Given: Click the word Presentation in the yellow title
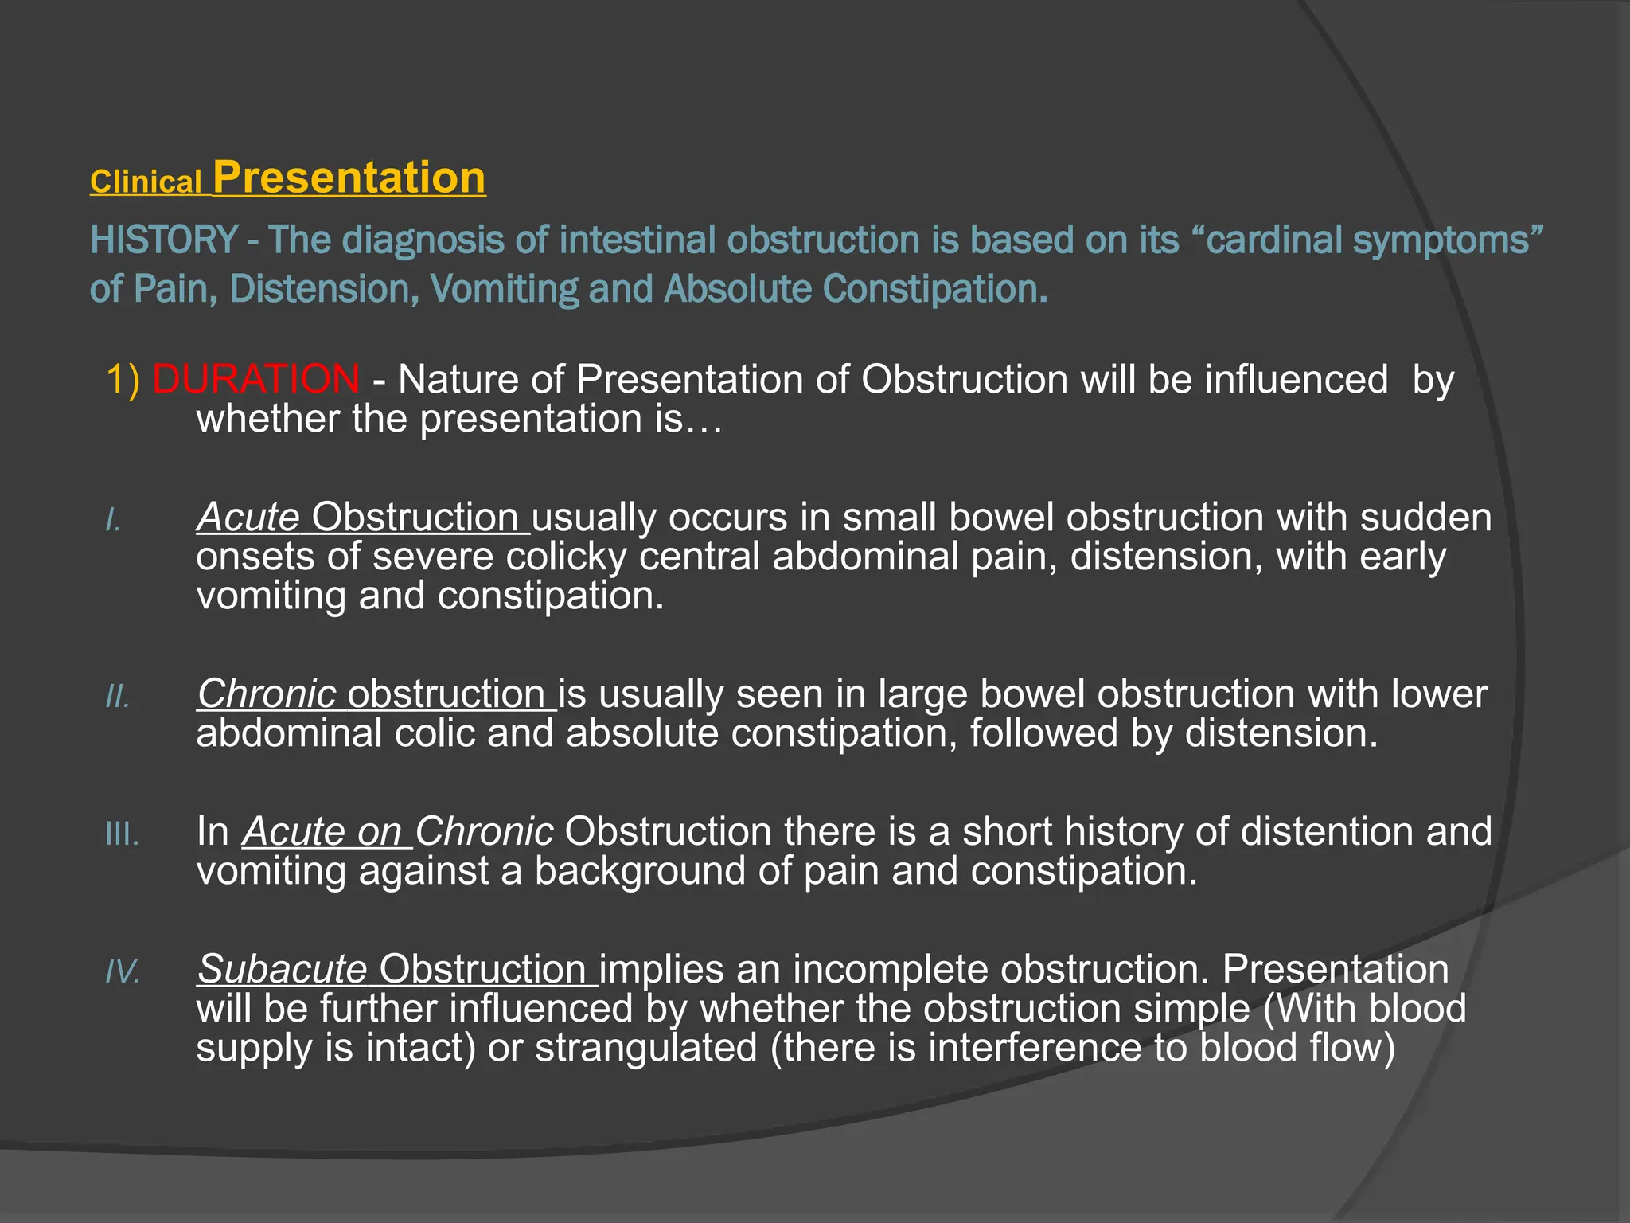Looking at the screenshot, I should click(349, 177).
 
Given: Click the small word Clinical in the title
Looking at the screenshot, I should click(146, 182).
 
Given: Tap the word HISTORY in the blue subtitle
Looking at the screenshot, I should click(164, 240).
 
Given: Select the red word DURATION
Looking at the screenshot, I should click(255, 378).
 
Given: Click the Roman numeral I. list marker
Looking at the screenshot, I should click(114, 521).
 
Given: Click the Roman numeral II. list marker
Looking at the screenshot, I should click(118, 697).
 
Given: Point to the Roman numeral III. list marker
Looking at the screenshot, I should click(122, 834).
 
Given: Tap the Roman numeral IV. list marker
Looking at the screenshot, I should click(123, 972).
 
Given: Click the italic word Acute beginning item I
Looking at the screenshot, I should click(248, 517).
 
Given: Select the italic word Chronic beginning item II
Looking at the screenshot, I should click(267, 694).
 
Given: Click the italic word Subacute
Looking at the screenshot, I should click(282, 969).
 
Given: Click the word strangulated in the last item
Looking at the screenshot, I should click(645, 1047).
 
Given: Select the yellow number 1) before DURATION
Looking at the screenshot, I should click(123, 378).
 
